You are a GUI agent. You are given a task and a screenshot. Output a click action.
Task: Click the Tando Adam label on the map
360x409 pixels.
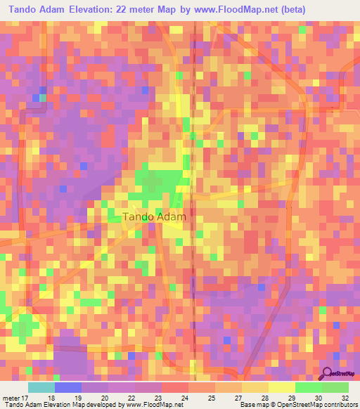click(x=154, y=217)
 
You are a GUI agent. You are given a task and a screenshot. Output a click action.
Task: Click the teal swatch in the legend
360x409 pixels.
click(x=41, y=387)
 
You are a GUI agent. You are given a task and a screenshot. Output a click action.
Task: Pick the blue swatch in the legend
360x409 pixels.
click(x=68, y=387)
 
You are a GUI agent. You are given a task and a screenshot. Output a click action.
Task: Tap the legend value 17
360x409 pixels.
click(x=25, y=396)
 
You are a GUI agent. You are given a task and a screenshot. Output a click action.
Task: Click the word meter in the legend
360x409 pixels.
click(x=11, y=396)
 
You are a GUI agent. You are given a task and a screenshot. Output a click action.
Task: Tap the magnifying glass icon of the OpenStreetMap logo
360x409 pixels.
click(x=326, y=373)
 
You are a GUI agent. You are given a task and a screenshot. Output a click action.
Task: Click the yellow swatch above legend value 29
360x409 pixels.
click(x=282, y=387)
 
